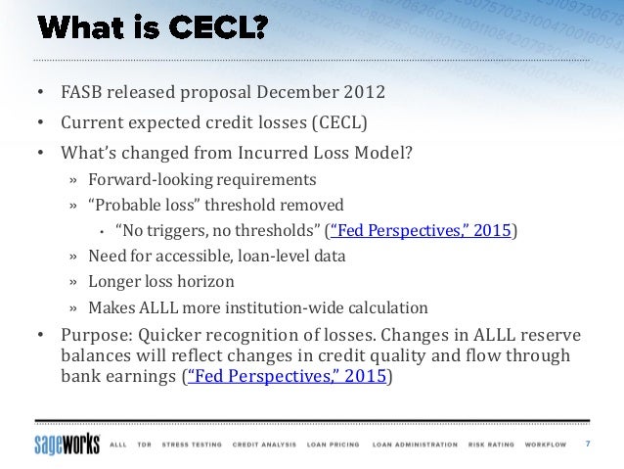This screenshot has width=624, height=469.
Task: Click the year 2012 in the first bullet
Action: coord(365,94)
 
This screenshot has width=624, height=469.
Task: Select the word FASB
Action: coord(83,94)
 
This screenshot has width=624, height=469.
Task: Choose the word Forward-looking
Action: coord(147,180)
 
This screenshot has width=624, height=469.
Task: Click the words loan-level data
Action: coord(296,257)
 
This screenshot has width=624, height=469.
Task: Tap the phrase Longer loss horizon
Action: coord(161,282)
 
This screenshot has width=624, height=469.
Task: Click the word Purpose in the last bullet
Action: coord(95,334)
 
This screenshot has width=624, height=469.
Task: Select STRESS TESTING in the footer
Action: coord(191,445)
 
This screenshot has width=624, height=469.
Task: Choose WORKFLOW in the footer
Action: coord(545,445)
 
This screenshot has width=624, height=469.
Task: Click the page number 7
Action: coord(588,444)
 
